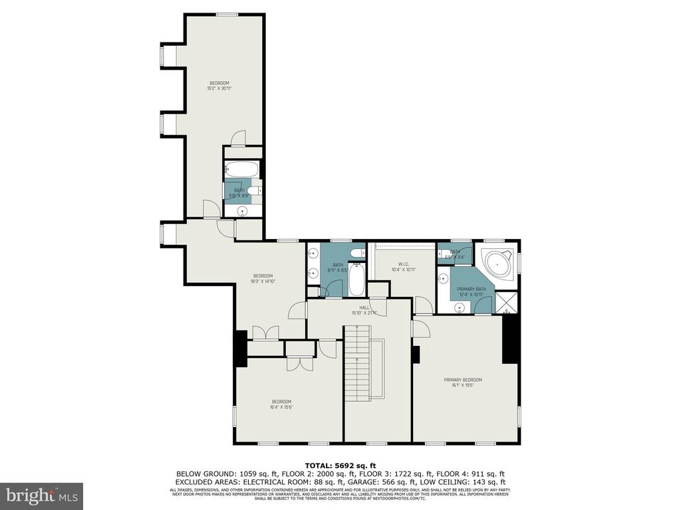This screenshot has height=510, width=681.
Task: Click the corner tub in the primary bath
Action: pos(498,264)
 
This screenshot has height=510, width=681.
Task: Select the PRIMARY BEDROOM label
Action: pos(463,380)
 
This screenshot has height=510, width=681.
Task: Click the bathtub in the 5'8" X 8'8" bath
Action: pos(239,169)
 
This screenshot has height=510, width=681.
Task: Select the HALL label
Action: pos(364,307)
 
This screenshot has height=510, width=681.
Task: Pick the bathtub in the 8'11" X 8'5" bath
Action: pos(356,280)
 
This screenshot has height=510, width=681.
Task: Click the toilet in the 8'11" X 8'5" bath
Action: pos(356,252)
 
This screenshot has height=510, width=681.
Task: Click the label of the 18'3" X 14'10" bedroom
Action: pos(263,276)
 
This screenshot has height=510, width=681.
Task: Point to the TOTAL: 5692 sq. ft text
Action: pos(340,466)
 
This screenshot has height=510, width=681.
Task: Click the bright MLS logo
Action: pos(41,495)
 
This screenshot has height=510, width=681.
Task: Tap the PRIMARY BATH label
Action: pos(471,289)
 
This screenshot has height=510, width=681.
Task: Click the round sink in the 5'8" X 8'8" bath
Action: pos(243,211)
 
